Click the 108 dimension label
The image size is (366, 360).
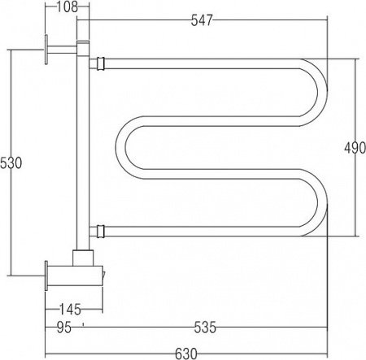point(67,7)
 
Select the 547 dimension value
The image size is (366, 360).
point(202,20)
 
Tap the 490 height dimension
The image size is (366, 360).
point(355,148)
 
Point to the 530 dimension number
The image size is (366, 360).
point(11,163)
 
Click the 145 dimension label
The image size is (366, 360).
point(70,309)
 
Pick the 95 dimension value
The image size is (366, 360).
point(64,327)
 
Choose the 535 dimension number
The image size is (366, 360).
point(205,327)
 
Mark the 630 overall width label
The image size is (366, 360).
point(186,353)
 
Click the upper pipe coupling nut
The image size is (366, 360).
point(100,63)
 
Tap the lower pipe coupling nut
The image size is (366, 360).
point(100,232)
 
